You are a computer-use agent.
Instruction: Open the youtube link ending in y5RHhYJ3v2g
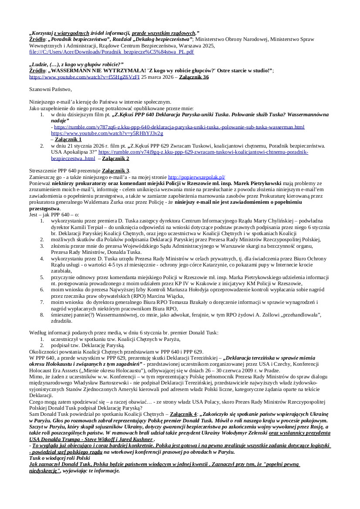tap(107, 133)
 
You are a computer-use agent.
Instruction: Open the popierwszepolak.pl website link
tap(196, 177)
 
